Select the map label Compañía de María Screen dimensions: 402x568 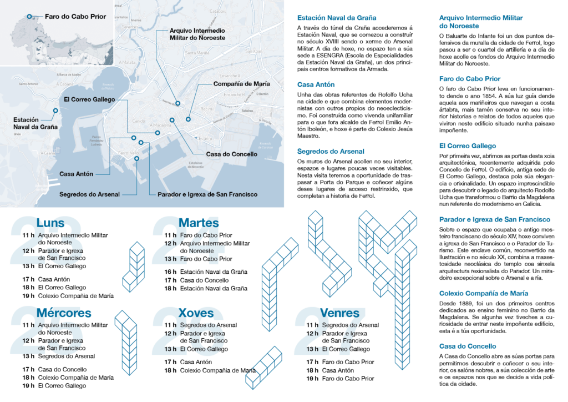tap(242, 84)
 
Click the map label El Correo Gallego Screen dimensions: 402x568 tap(89, 99)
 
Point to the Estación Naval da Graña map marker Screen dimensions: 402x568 tap(55, 110)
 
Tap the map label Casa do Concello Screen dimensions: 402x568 tap(231, 154)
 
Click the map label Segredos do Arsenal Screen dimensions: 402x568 tap(89, 194)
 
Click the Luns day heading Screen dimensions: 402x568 tap(50, 223)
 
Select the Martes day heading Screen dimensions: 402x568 tap(199, 223)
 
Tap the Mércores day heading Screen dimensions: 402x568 tap(64, 313)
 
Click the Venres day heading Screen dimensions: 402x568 tap(341, 313)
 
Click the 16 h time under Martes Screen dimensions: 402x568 tap(170, 272)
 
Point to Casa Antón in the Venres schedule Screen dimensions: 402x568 tap(338, 370)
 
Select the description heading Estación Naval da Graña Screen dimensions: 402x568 tap(336, 17)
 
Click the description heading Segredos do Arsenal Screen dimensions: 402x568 tap(331, 151)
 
